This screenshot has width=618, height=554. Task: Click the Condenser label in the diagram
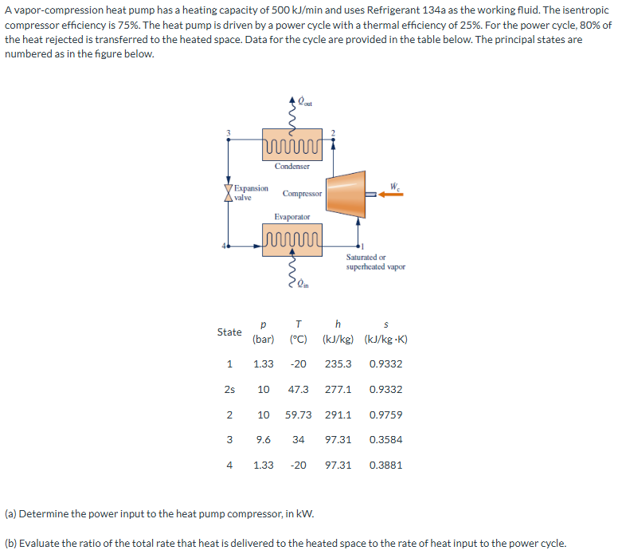pos(292,166)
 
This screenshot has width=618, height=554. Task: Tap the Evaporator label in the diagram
pos(292,217)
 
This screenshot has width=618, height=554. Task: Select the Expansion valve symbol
pos(229,193)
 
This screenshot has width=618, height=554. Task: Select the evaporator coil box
pos(292,240)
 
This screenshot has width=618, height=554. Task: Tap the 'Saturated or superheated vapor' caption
pos(375,261)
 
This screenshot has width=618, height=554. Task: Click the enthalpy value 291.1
pos(338,415)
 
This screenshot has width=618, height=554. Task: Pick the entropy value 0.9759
pos(386,415)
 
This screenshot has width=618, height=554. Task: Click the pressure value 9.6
pos(263,439)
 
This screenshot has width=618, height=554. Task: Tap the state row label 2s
pos(229,390)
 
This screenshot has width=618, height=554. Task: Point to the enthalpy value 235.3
pos(338,364)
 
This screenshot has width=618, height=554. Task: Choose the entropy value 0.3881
pos(386,464)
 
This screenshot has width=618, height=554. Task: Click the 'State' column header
pos(229,332)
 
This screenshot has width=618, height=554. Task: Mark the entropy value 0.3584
pos(386,439)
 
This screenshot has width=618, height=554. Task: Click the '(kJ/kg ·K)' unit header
pos(386,340)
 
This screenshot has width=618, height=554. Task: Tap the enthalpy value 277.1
pos(338,390)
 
